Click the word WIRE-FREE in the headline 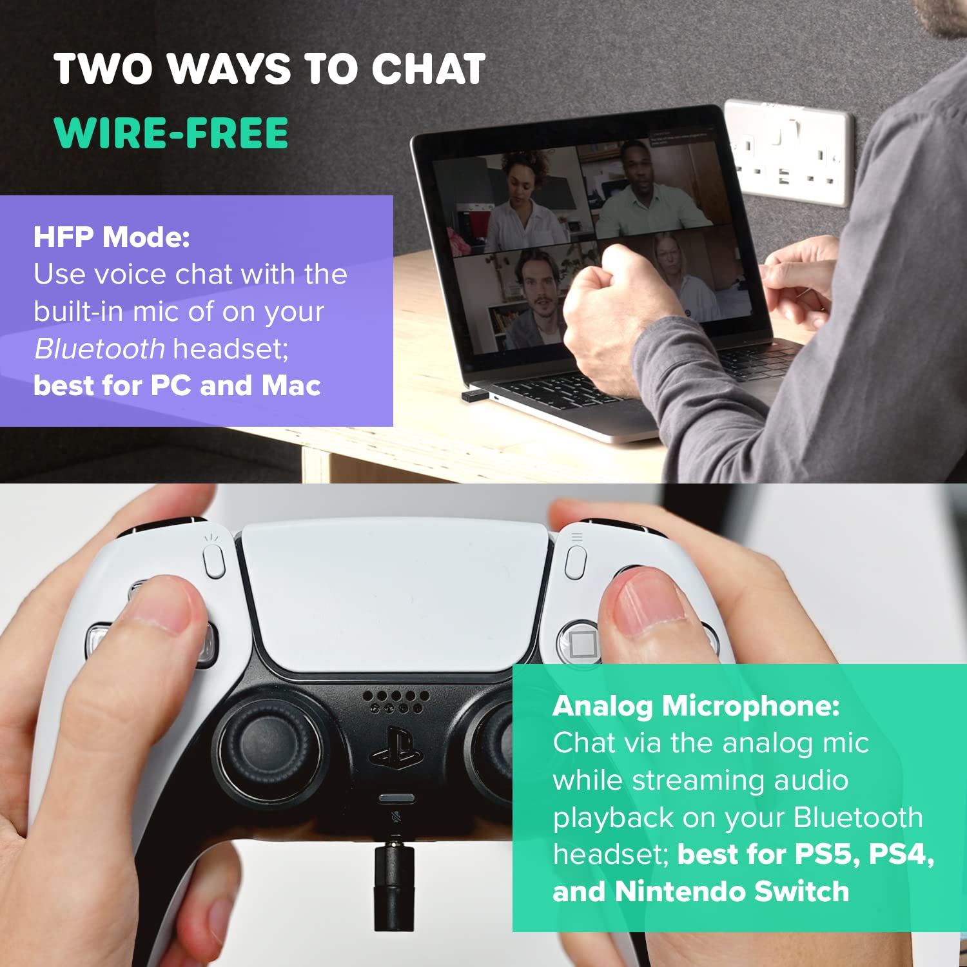pos(171,133)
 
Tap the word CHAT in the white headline pos(428,68)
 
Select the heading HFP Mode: pos(112,237)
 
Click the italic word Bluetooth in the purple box pos(100,349)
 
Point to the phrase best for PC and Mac pos(177,386)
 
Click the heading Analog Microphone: pos(696,707)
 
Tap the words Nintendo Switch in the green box pos(732,892)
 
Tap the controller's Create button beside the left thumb pos(213,561)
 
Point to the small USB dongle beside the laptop pos(474,395)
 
